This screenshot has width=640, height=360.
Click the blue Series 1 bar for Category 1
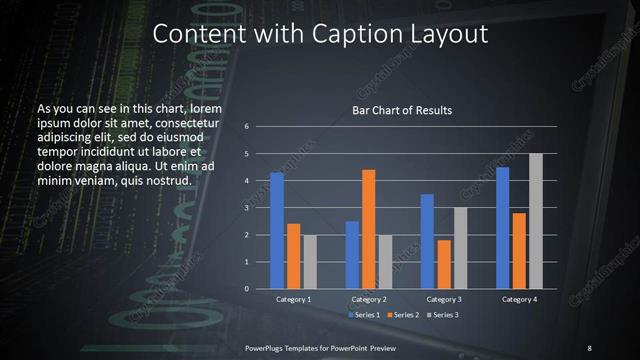(277, 230)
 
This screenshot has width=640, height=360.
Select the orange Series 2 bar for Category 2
(368, 229)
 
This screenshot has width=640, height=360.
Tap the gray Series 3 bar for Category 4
(535, 221)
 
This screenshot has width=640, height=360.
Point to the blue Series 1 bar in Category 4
(502, 228)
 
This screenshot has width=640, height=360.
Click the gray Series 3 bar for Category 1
(310, 261)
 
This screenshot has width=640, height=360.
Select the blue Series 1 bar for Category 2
(352, 255)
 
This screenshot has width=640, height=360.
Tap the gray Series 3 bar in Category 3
(460, 248)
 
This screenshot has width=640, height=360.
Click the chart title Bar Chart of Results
(401, 110)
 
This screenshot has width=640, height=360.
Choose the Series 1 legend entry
(364, 315)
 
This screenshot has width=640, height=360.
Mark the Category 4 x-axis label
(518, 299)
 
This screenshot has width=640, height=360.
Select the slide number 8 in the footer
(589, 347)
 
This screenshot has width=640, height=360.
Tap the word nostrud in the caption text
(166, 180)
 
